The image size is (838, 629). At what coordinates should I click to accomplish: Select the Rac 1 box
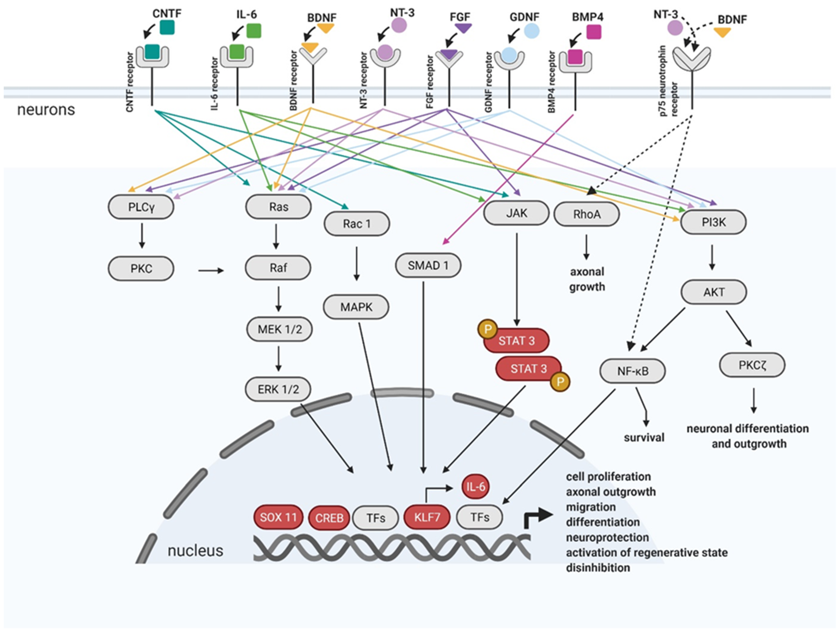coord(357,224)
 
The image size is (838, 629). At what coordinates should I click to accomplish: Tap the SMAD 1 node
coord(428,265)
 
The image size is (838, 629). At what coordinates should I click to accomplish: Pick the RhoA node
coord(586,214)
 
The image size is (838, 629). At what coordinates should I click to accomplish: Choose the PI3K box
coord(713,222)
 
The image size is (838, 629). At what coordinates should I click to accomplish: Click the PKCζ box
coord(752,365)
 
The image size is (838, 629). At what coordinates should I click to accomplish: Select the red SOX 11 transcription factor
coord(278,517)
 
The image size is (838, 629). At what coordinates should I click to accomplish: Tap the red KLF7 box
coord(427,517)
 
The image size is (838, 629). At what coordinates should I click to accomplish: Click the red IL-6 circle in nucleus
coord(475,486)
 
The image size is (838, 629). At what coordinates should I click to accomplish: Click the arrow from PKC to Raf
coord(211,271)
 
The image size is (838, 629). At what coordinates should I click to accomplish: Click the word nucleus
coord(195,551)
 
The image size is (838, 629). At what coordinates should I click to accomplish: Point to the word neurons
coord(46,110)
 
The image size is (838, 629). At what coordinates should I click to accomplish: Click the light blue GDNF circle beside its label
coord(532,31)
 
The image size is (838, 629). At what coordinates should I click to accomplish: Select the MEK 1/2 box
coord(280,329)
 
